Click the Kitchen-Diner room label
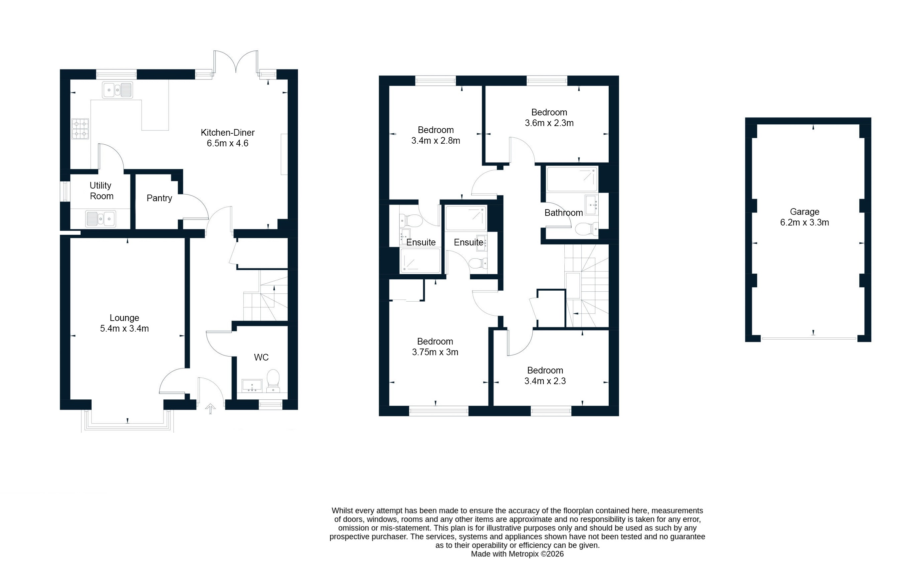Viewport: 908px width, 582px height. click(227, 133)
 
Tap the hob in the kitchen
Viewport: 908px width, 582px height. click(80, 128)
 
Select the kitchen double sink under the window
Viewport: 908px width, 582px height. click(117, 90)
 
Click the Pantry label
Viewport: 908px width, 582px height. click(159, 198)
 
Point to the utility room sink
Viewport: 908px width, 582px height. click(101, 219)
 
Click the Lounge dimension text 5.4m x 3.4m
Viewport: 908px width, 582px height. click(124, 329)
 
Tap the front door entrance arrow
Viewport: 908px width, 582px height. click(210, 408)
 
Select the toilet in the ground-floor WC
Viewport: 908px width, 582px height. click(273, 380)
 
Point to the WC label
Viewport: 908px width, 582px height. click(261, 357)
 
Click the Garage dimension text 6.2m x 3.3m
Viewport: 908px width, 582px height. click(804, 222)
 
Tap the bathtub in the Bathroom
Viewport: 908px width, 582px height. click(572, 179)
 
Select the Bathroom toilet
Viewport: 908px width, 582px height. click(586, 229)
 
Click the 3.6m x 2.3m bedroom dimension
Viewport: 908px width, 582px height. click(549, 123)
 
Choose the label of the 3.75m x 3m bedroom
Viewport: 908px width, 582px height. click(435, 341)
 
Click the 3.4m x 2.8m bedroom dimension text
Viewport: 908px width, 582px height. click(436, 141)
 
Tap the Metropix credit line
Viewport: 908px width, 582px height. click(517, 554)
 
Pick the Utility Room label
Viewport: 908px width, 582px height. click(101, 191)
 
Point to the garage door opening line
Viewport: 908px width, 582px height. click(808, 339)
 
